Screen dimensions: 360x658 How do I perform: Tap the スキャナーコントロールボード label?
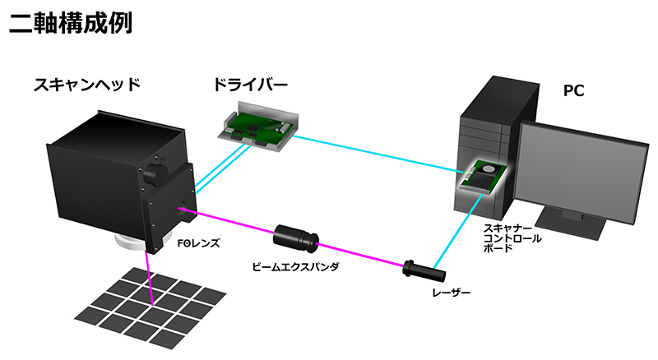click(x=511, y=238)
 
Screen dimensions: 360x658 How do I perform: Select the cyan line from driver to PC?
click(x=370, y=154)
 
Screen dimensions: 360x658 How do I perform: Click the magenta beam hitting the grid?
click(x=151, y=279)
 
